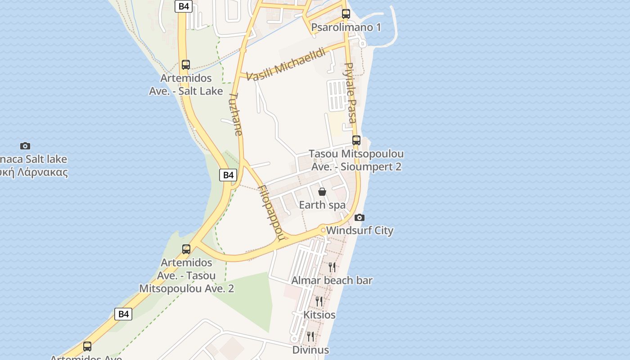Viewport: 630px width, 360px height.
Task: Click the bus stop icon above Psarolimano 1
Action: tap(346, 14)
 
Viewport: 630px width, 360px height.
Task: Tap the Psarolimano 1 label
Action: tap(346, 27)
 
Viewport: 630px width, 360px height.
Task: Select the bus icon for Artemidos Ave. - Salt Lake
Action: tap(186, 65)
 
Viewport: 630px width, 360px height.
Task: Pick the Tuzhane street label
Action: tap(236, 114)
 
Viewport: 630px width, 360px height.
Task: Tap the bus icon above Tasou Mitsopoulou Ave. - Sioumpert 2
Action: tap(356, 140)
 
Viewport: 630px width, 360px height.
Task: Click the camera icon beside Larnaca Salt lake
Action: tap(25, 146)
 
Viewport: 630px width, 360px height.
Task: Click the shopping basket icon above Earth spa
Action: tap(322, 192)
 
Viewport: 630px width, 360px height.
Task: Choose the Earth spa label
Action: tap(322, 205)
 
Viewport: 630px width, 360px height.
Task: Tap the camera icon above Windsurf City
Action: tap(359, 218)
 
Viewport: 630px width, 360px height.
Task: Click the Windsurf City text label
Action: tap(360, 231)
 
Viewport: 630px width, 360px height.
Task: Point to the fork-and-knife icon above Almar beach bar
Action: tap(332, 267)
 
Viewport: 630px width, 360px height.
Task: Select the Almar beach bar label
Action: tap(332, 281)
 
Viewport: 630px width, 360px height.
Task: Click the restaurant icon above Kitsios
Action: tap(319, 301)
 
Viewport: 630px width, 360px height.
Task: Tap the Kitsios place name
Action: tap(319, 315)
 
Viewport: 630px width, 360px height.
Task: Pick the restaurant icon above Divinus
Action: tap(310, 337)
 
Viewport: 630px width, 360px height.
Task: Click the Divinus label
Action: tap(310, 350)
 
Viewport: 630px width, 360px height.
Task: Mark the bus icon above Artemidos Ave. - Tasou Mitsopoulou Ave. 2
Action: tap(186, 249)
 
